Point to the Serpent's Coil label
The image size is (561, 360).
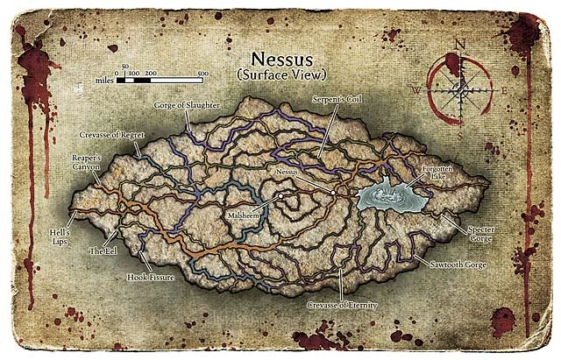click(x=336, y=102)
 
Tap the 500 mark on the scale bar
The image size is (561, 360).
click(x=202, y=74)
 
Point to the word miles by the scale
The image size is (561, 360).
click(x=104, y=79)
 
